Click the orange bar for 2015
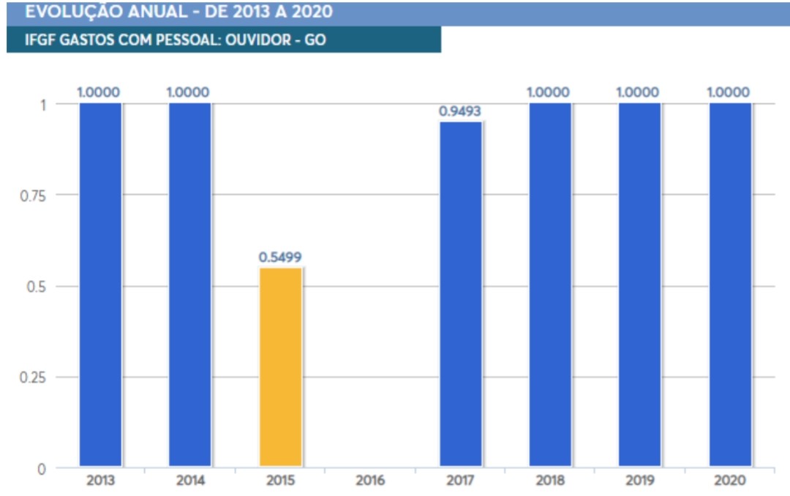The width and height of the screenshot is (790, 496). click(x=280, y=367)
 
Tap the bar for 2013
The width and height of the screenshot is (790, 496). click(x=100, y=285)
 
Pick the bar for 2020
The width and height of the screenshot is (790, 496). click(x=729, y=285)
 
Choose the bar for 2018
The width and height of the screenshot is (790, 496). click(x=550, y=285)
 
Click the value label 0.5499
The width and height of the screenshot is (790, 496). click(x=280, y=258)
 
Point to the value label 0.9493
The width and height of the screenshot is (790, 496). click(x=461, y=111)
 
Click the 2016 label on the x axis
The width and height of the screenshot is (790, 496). click(x=370, y=481)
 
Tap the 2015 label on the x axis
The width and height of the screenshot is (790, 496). click(x=280, y=481)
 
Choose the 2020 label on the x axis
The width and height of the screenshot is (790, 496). click(x=729, y=481)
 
